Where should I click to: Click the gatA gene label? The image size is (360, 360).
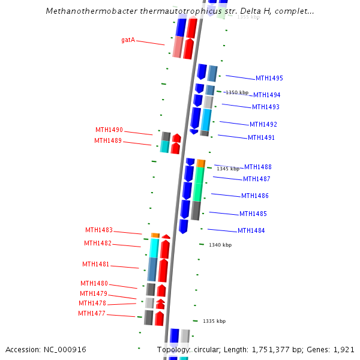128,40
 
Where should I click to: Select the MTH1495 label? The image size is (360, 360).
269,79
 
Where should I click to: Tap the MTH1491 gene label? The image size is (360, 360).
261,138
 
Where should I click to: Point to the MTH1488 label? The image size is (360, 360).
257,167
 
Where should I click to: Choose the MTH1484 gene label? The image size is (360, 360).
251,231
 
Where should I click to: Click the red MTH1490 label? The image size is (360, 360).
109,130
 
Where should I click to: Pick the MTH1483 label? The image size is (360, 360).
98,230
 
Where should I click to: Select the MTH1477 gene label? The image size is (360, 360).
91,314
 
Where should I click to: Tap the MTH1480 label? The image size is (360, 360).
94,284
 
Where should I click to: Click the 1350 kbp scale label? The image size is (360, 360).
236,93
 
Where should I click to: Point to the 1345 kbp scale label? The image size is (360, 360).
228,169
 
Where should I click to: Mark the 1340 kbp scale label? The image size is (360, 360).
220,245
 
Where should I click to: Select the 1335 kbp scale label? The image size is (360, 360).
214,322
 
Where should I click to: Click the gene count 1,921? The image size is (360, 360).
344,350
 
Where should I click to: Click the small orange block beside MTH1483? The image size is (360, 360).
155,235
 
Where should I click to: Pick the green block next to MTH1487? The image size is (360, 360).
198,184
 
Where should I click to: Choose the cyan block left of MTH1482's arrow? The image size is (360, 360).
154,248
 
